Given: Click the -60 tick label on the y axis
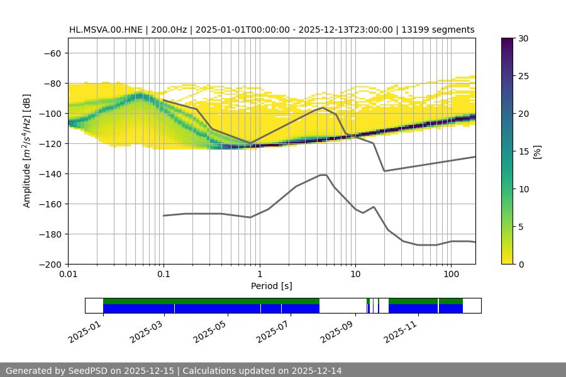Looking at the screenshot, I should pyautogui.click(x=51, y=53).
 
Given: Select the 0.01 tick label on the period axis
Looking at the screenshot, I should pyautogui.click(x=68, y=275).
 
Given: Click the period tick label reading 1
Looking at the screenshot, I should pyautogui.click(x=260, y=275).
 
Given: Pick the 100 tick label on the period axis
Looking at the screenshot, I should pyautogui.click(x=450, y=275).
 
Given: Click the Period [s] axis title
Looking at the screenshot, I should pyautogui.click(x=271, y=286).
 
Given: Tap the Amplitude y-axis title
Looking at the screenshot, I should pyautogui.click(x=27, y=151).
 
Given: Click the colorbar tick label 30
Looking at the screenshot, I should pyautogui.click(x=523, y=38).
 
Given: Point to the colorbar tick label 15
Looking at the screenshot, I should pyautogui.click(x=523, y=151).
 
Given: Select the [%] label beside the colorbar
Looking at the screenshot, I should pyautogui.click(x=537, y=151).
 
